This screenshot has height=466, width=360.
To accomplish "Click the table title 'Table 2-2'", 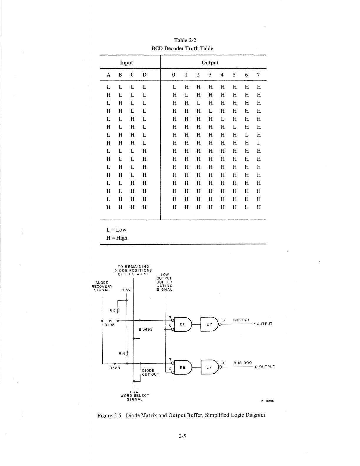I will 185,40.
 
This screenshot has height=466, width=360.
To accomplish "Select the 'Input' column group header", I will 126,63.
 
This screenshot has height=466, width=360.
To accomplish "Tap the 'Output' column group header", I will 210,63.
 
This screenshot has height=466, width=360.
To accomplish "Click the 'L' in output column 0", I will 174,87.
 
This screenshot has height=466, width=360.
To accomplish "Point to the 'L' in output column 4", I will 222,119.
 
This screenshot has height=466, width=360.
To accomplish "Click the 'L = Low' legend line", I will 116,230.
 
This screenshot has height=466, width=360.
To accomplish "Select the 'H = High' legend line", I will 117,238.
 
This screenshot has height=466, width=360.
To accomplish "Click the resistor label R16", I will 122,353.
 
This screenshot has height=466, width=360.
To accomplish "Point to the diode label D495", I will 110,325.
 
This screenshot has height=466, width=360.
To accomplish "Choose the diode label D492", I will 147,329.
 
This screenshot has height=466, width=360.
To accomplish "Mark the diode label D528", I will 114,368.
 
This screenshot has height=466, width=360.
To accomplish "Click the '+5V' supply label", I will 126,290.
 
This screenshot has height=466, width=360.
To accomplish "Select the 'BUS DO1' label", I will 241,320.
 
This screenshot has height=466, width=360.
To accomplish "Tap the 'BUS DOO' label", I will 243,363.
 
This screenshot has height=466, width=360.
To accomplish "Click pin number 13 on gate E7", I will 223,320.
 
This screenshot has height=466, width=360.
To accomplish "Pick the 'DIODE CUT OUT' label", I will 150,372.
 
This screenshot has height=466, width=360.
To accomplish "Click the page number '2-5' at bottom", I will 182,436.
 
